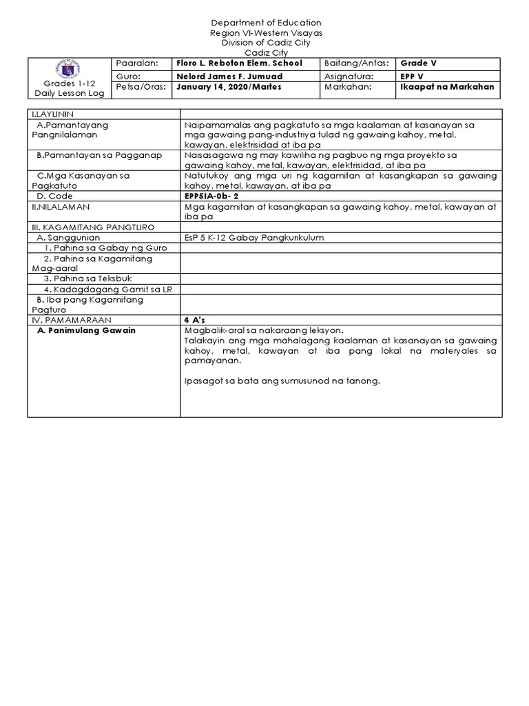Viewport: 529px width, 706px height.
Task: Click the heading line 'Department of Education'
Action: tap(264, 23)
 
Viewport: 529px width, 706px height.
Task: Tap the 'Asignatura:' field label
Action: tap(350, 75)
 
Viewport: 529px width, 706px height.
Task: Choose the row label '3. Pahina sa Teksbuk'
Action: tap(87, 279)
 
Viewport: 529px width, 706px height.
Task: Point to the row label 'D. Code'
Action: tap(54, 196)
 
